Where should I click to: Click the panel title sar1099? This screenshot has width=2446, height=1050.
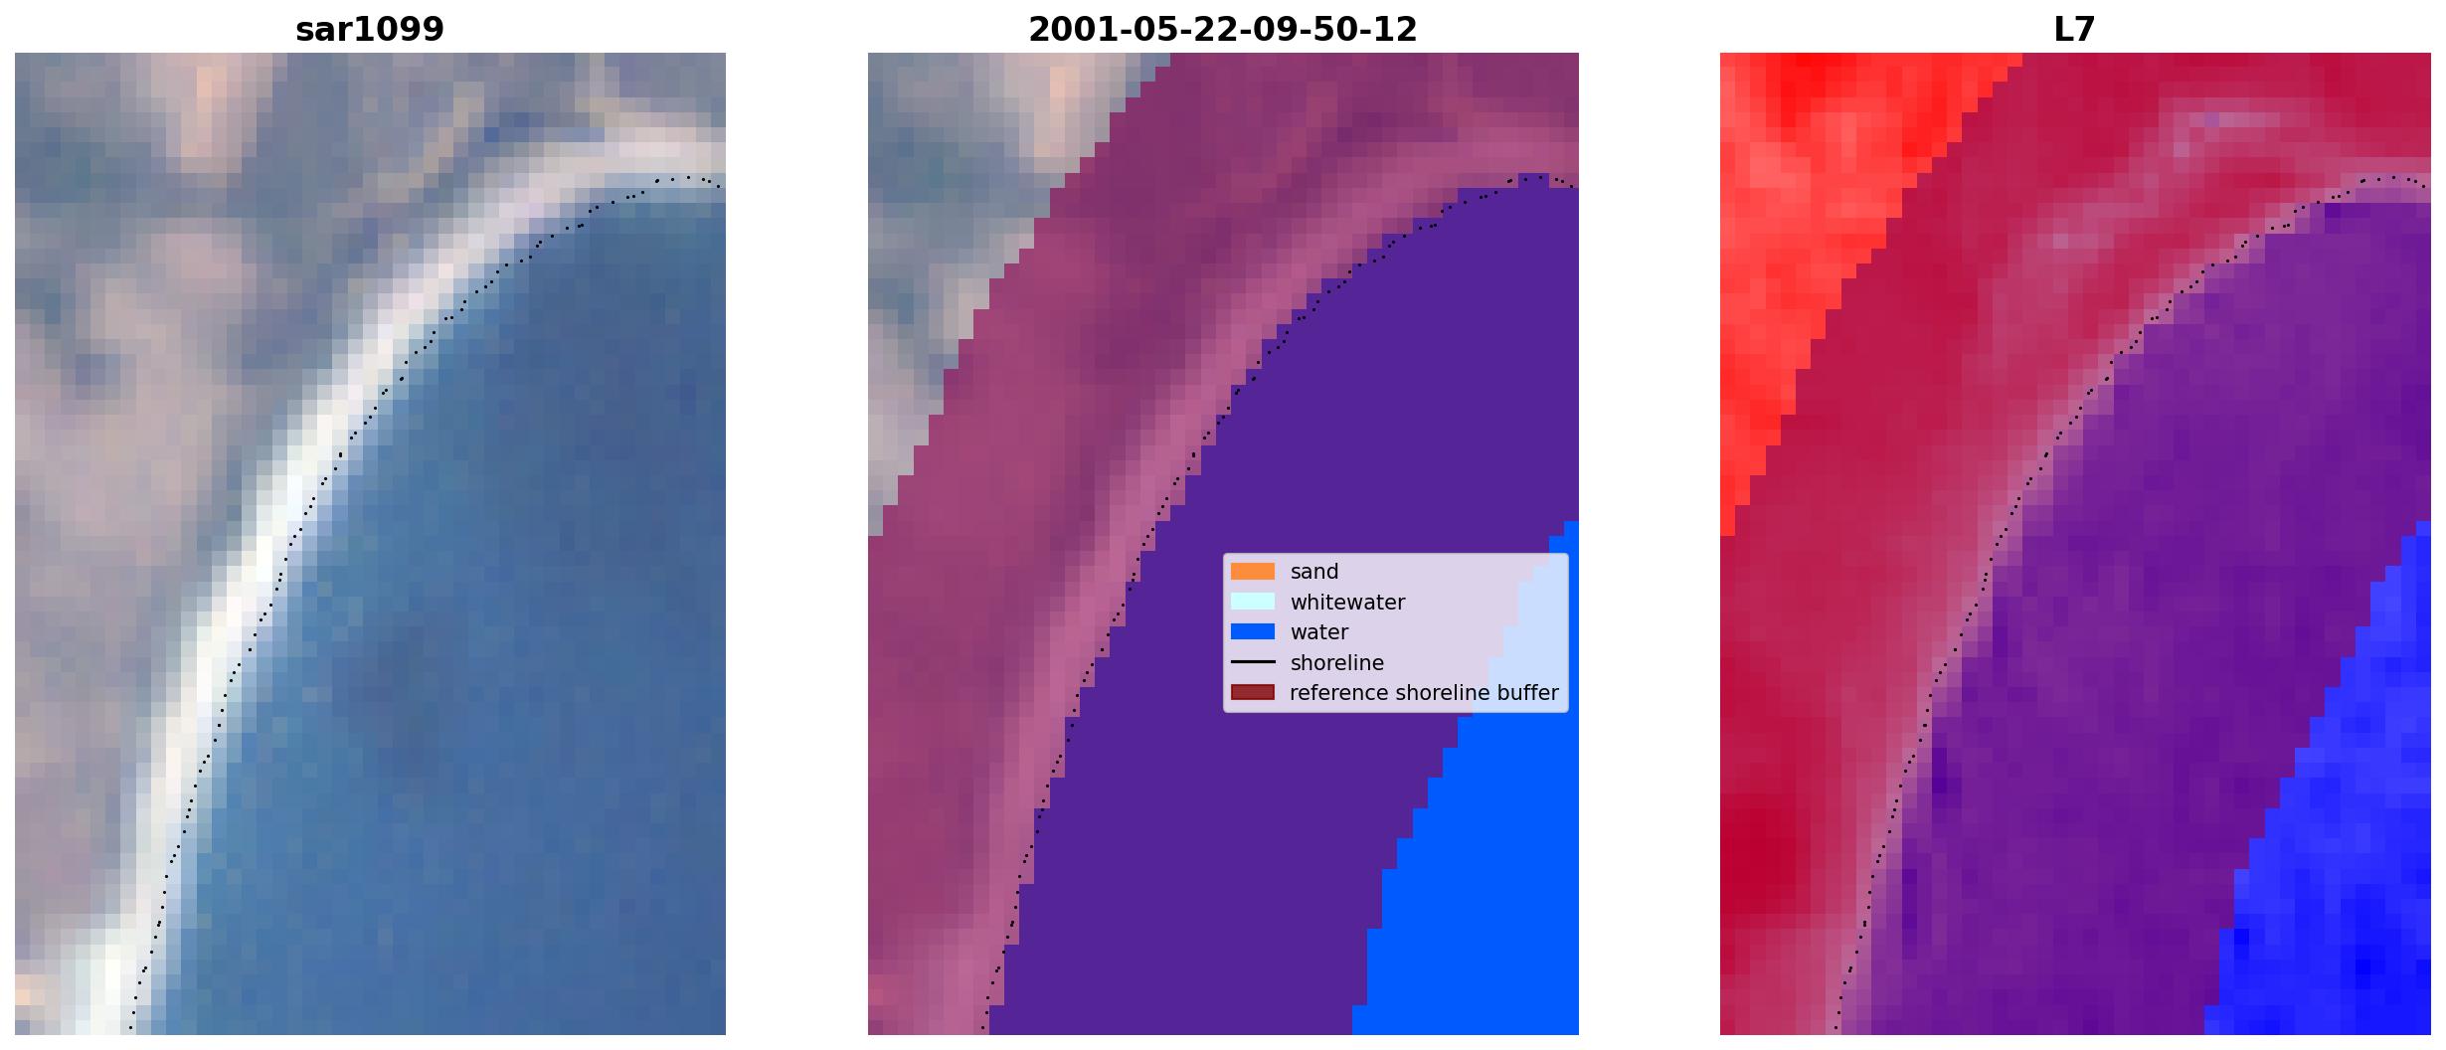370,30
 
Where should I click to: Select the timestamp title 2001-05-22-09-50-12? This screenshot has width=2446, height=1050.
1223,30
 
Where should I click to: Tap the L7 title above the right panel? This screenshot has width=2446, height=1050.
2075,30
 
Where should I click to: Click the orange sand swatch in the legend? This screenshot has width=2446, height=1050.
1253,572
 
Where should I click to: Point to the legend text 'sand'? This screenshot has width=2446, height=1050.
1314,572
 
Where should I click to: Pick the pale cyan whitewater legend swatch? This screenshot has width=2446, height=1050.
1253,602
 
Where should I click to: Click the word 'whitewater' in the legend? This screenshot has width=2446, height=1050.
1347,603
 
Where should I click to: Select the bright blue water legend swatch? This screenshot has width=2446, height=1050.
1253,631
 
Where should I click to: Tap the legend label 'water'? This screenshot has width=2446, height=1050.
1319,632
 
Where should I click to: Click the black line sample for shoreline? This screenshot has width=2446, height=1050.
1253,662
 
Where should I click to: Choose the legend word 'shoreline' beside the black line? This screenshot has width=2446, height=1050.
1337,663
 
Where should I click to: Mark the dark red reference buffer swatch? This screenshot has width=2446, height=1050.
1253,692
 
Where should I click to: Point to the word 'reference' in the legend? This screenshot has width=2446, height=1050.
1338,693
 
